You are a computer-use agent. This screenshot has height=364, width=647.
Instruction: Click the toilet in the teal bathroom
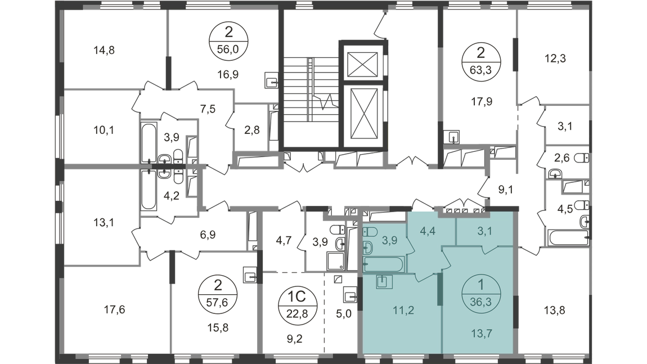point(368,246)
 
